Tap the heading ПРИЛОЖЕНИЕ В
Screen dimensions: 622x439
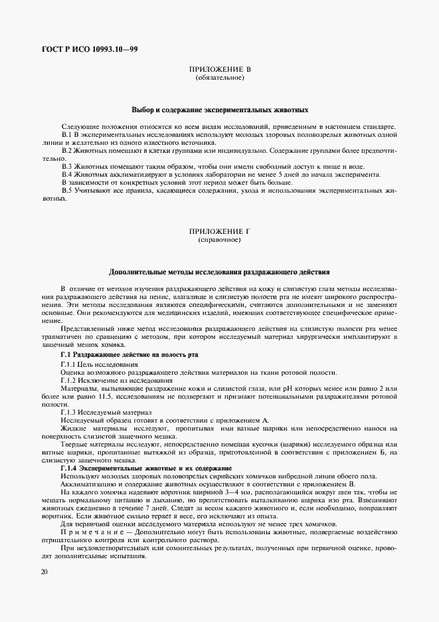[219, 69]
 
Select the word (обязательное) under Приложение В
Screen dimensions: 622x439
[219, 78]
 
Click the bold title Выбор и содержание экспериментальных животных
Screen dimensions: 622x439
[219, 110]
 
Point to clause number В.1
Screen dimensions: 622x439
[66, 134]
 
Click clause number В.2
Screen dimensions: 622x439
[66, 151]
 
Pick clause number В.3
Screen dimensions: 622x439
[66, 166]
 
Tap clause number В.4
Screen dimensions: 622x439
[66, 174]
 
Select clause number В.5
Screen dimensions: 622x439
[66, 191]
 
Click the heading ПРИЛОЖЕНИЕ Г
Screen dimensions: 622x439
[219, 231]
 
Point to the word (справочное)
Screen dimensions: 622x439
[219, 239]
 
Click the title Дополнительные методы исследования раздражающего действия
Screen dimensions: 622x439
[219, 272]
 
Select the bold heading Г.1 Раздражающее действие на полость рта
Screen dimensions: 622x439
[129, 356]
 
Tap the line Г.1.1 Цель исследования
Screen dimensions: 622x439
[99, 365]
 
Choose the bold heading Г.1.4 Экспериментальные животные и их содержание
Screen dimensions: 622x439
[141, 469]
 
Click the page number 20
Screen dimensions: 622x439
[43, 571]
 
